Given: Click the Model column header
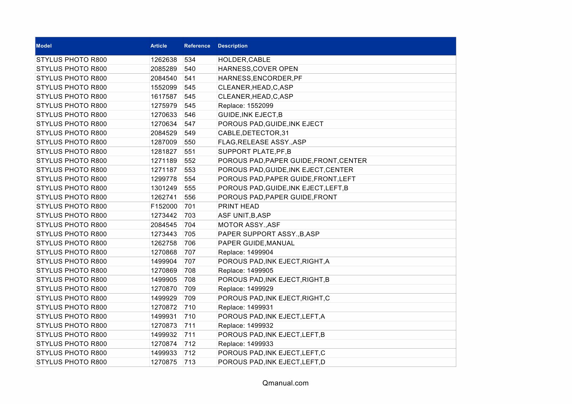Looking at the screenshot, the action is pyautogui.click(x=44, y=46).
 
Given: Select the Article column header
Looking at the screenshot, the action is pyautogui.click(x=158, y=46).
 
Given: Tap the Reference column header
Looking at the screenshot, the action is pyautogui.click(x=197, y=46).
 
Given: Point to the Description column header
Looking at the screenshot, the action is pyautogui.click(x=233, y=46).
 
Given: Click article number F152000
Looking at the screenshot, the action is pyautogui.click(x=164, y=206).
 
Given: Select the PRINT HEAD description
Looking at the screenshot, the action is pyautogui.click(x=238, y=206).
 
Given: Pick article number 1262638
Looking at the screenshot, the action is pyautogui.click(x=164, y=60).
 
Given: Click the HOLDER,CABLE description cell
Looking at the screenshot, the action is pyautogui.click(x=244, y=60).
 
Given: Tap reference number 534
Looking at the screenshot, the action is pyautogui.click(x=190, y=60).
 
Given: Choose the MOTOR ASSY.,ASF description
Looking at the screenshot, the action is pyautogui.click(x=249, y=225).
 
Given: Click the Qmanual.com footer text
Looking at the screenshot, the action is pyautogui.click(x=285, y=383).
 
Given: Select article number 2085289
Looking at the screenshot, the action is pyautogui.click(x=164, y=69).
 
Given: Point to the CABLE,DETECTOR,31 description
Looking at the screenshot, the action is pyautogui.click(x=253, y=133).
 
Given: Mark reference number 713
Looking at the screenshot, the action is pyautogui.click(x=190, y=362).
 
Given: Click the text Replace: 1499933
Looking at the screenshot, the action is pyautogui.click(x=246, y=344).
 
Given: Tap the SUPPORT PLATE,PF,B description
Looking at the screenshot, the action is pyautogui.click(x=254, y=151).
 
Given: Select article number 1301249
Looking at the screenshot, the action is pyautogui.click(x=164, y=188).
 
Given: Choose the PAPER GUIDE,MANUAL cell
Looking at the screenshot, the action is pyautogui.click(x=256, y=243).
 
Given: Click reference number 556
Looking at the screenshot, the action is pyautogui.click(x=190, y=197).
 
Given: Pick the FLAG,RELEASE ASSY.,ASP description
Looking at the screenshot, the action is pyautogui.click(x=262, y=142).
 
